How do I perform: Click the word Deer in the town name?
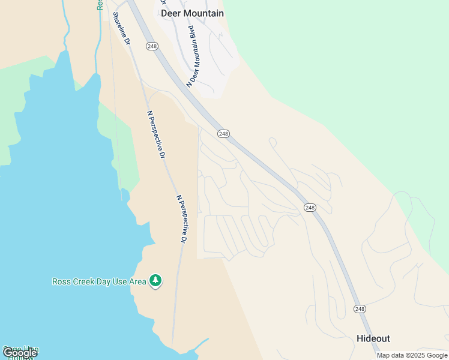click(x=171, y=13)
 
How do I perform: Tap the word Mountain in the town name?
click(x=203, y=13)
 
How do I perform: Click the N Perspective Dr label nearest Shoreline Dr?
click(x=156, y=134)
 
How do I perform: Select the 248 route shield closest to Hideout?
click(x=360, y=309)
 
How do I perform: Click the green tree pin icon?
click(x=156, y=281)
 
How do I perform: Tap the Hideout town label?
click(x=373, y=338)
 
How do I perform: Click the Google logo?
click(x=20, y=353)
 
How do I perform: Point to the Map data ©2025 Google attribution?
click(x=412, y=355)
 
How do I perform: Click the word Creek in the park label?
click(x=84, y=281)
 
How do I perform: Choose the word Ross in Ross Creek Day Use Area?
click(x=62, y=281)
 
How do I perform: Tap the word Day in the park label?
click(x=103, y=281)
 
